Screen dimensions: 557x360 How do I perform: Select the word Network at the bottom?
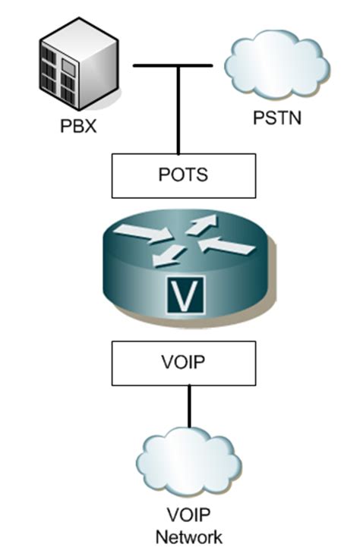(x=189, y=537)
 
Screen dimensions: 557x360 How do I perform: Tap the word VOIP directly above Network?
(x=189, y=519)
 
